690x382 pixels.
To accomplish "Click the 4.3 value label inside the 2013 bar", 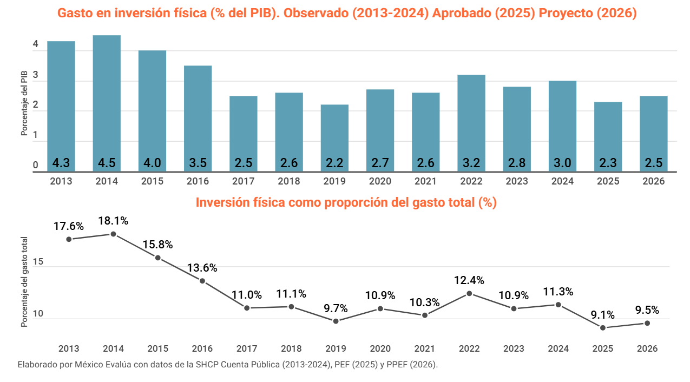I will click(61, 163).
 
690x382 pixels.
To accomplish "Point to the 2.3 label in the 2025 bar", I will click(608, 163).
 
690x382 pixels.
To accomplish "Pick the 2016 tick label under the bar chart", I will click(198, 181).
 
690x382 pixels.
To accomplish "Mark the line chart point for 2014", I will click(113, 234).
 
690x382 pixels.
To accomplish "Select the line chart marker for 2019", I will click(336, 321).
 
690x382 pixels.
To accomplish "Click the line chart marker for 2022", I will click(469, 293).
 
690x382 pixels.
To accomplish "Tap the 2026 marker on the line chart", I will click(647, 323).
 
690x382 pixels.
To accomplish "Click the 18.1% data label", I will click(113, 221).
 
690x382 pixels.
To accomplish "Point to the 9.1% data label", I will click(602, 314).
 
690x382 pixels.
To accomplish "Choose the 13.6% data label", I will click(202, 268).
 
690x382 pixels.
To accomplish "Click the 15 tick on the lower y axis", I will click(37, 262).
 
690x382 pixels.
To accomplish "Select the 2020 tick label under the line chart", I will click(380, 349).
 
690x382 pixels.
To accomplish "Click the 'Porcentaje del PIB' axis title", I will click(24, 103).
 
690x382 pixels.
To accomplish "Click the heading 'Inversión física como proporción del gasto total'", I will click(346, 203).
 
